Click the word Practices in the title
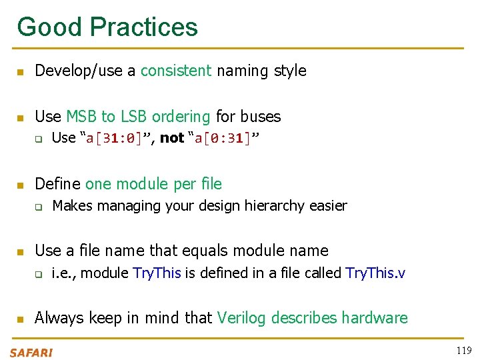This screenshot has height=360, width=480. tap(143, 27)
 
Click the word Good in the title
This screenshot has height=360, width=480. tap(49, 27)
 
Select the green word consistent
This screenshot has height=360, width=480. tap(176, 71)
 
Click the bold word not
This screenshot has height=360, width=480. tap(171, 138)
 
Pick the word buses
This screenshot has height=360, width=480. tap(260, 117)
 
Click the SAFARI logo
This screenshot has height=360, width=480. tap(31, 352)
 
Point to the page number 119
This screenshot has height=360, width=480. tap(464, 351)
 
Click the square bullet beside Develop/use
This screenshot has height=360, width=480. tap(21, 71)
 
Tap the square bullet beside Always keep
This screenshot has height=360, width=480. tap(21, 319)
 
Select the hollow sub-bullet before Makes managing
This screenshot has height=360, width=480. tap(39, 207)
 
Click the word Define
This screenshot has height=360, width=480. tap(57, 184)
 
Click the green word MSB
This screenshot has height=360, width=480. tap(81, 117)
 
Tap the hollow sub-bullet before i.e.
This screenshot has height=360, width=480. tap(39, 273)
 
